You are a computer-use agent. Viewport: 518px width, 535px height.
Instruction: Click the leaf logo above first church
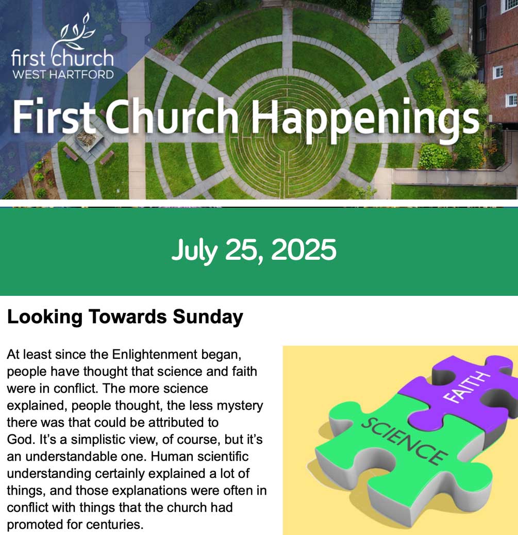click(76, 34)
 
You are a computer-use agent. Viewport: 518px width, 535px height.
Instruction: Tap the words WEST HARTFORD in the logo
click(63, 74)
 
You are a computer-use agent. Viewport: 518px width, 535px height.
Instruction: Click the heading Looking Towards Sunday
click(125, 317)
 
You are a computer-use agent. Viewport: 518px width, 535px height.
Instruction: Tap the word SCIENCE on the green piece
click(405, 441)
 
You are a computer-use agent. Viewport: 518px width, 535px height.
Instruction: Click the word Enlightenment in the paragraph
click(155, 355)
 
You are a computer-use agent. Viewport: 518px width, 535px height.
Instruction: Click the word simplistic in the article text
click(101, 440)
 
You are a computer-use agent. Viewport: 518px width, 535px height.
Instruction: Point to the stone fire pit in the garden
click(88, 139)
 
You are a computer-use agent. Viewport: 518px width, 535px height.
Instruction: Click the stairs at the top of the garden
click(387, 11)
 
